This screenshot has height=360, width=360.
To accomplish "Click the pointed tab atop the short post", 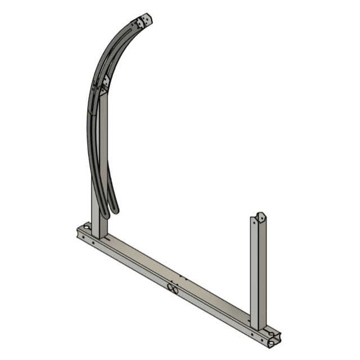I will coord(260,217).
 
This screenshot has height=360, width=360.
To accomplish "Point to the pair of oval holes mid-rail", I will coord(172,289).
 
